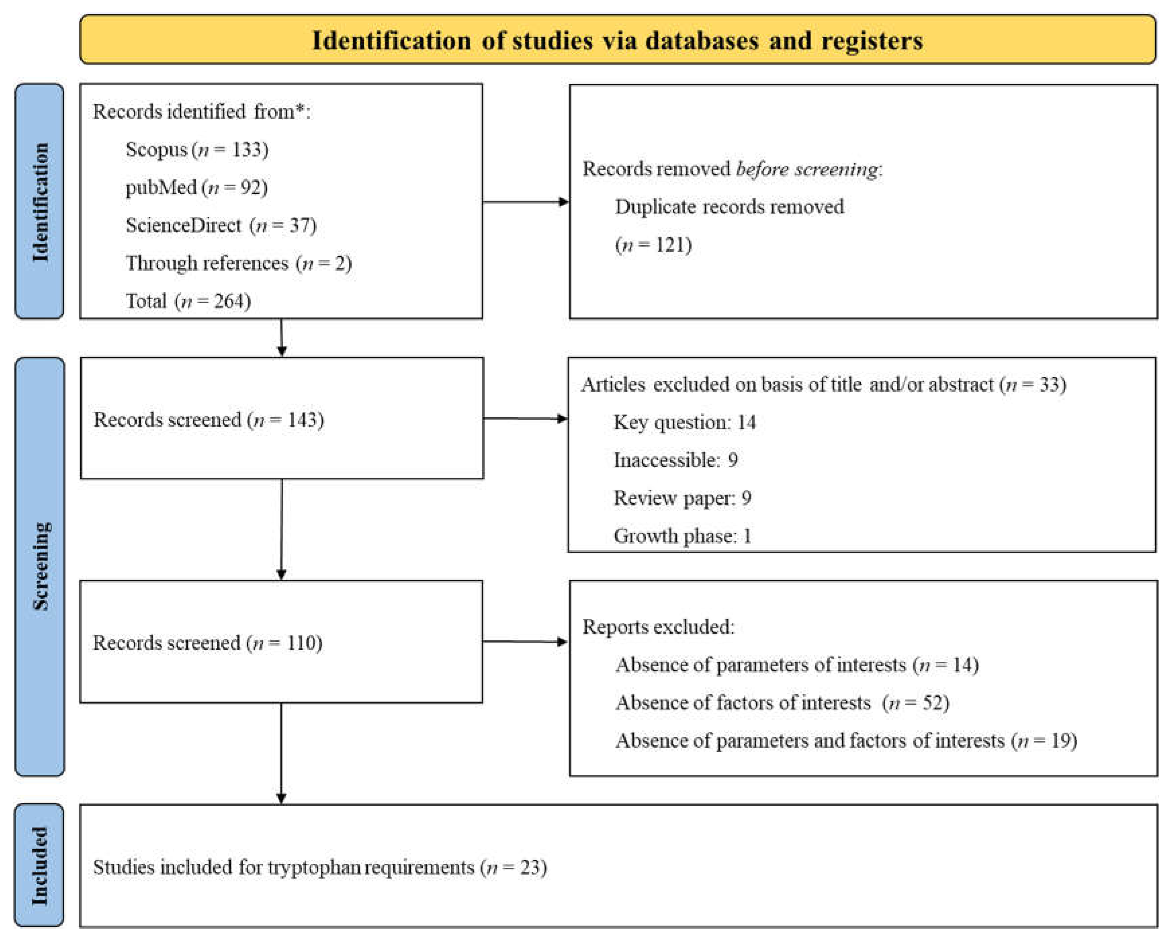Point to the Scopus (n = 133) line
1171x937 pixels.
pos(196,150)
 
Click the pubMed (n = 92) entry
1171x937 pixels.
pos(196,187)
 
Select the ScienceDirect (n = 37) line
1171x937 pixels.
pos(221,225)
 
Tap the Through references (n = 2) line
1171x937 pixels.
pos(238,263)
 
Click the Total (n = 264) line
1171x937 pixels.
pos(188,301)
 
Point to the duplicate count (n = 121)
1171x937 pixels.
pos(653,245)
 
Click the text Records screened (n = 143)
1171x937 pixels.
pos(209,420)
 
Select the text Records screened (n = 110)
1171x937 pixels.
pos(208,643)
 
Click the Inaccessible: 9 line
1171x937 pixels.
pos(675,460)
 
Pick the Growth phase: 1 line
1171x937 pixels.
pos(682,536)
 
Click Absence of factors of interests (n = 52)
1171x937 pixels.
pos(782,703)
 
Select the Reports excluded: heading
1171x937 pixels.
pos(658,627)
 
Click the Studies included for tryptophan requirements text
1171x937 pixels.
pos(319,867)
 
